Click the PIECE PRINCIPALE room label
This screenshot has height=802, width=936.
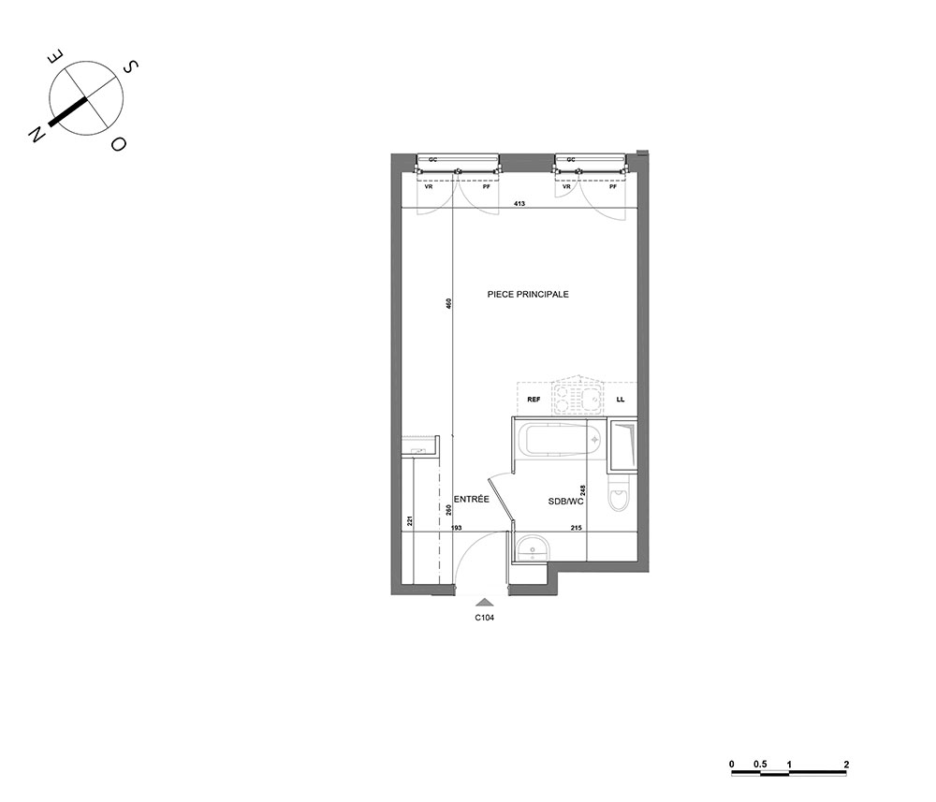528,294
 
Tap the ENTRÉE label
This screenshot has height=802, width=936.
472,499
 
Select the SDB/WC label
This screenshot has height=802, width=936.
566,502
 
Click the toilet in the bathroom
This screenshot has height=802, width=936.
619,492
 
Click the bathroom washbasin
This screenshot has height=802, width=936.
533,548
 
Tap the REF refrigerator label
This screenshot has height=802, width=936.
534,400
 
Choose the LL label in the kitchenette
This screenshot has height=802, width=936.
621,400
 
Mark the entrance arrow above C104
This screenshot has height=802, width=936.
485,603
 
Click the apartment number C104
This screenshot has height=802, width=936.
485,619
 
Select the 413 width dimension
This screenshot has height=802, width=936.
519,203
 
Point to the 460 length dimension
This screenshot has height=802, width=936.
449,303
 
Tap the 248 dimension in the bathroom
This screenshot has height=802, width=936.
583,490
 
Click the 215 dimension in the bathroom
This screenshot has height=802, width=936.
576,528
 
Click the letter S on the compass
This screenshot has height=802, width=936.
131,66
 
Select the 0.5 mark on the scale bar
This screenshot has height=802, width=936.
760,764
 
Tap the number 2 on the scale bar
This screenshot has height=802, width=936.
846,764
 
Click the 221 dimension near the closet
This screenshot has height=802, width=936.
410,521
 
